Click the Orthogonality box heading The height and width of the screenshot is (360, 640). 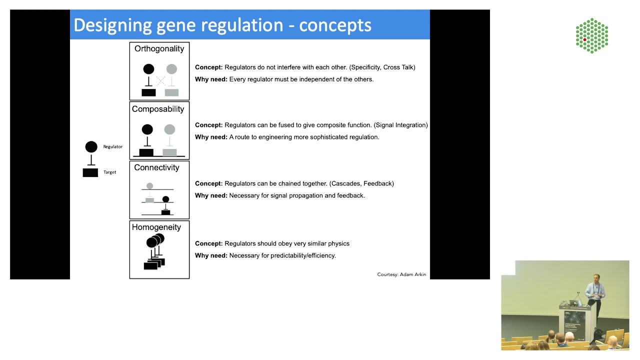159,49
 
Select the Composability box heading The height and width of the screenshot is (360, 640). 158,109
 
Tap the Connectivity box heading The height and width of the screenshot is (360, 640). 156,167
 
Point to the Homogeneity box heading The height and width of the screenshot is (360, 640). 156,227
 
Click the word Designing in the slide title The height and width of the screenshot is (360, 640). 113,25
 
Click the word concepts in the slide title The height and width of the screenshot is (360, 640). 335,25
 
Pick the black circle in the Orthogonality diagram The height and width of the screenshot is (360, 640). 148,69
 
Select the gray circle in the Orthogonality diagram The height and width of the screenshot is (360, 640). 171,69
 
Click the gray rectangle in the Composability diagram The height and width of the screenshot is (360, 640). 169,152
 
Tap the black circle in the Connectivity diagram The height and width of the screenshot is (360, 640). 165,199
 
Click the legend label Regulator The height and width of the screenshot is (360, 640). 113,146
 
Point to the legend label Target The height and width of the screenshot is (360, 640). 110,172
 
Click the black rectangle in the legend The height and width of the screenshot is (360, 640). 90,172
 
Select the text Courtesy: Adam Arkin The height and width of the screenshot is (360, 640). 401,274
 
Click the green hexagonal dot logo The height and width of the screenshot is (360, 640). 592,35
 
